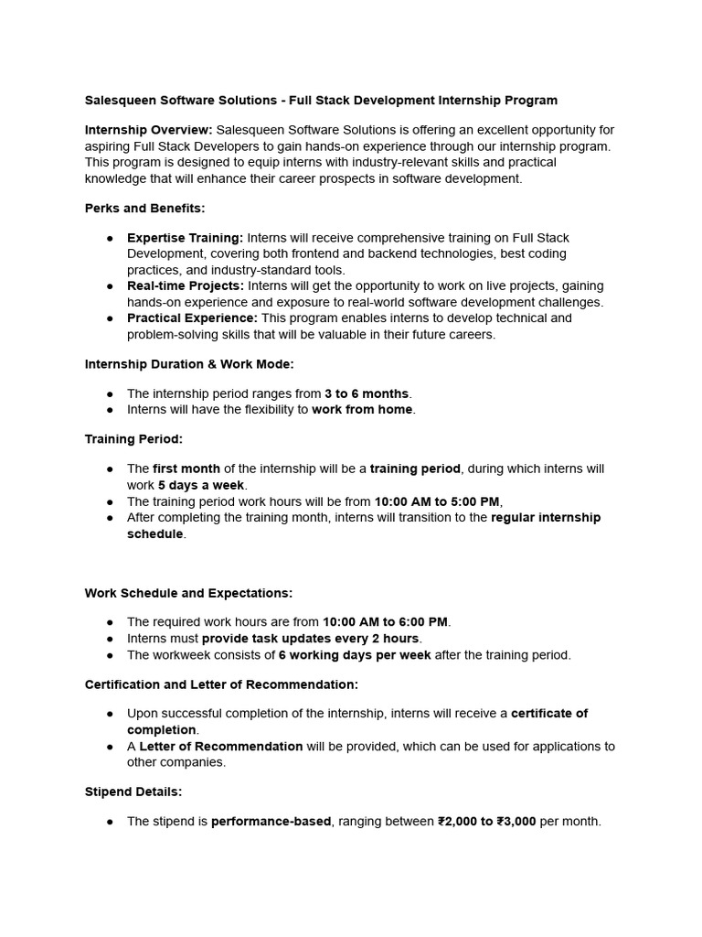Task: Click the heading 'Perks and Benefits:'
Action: click(144, 209)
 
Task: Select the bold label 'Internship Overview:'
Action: click(148, 130)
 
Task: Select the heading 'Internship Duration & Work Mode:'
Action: click(189, 364)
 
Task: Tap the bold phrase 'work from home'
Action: click(363, 410)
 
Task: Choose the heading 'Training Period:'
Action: click(133, 439)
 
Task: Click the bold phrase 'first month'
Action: click(186, 468)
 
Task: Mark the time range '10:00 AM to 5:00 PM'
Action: click(438, 501)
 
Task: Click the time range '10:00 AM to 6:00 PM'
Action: click(385, 622)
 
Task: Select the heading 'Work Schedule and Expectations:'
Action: click(188, 593)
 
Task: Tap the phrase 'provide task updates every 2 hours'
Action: click(310, 639)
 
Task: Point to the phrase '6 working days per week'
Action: click(355, 655)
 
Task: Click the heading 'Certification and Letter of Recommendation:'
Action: click(221, 684)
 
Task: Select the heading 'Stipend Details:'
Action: click(133, 792)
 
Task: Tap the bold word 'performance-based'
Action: click(271, 822)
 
